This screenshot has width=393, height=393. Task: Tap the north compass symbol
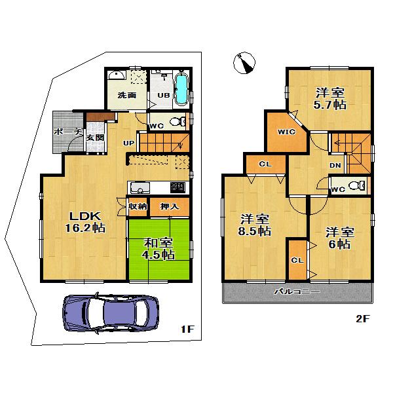pos(244,64)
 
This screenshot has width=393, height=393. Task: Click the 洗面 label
pos(126,95)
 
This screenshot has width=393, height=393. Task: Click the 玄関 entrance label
pos(95,138)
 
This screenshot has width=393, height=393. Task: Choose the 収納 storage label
pos(138,207)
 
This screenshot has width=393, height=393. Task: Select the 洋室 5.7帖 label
pos(329,98)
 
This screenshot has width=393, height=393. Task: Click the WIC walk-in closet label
pos(287,132)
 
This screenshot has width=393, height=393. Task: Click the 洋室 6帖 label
pos(338,238)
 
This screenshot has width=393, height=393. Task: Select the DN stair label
pos(334,166)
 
